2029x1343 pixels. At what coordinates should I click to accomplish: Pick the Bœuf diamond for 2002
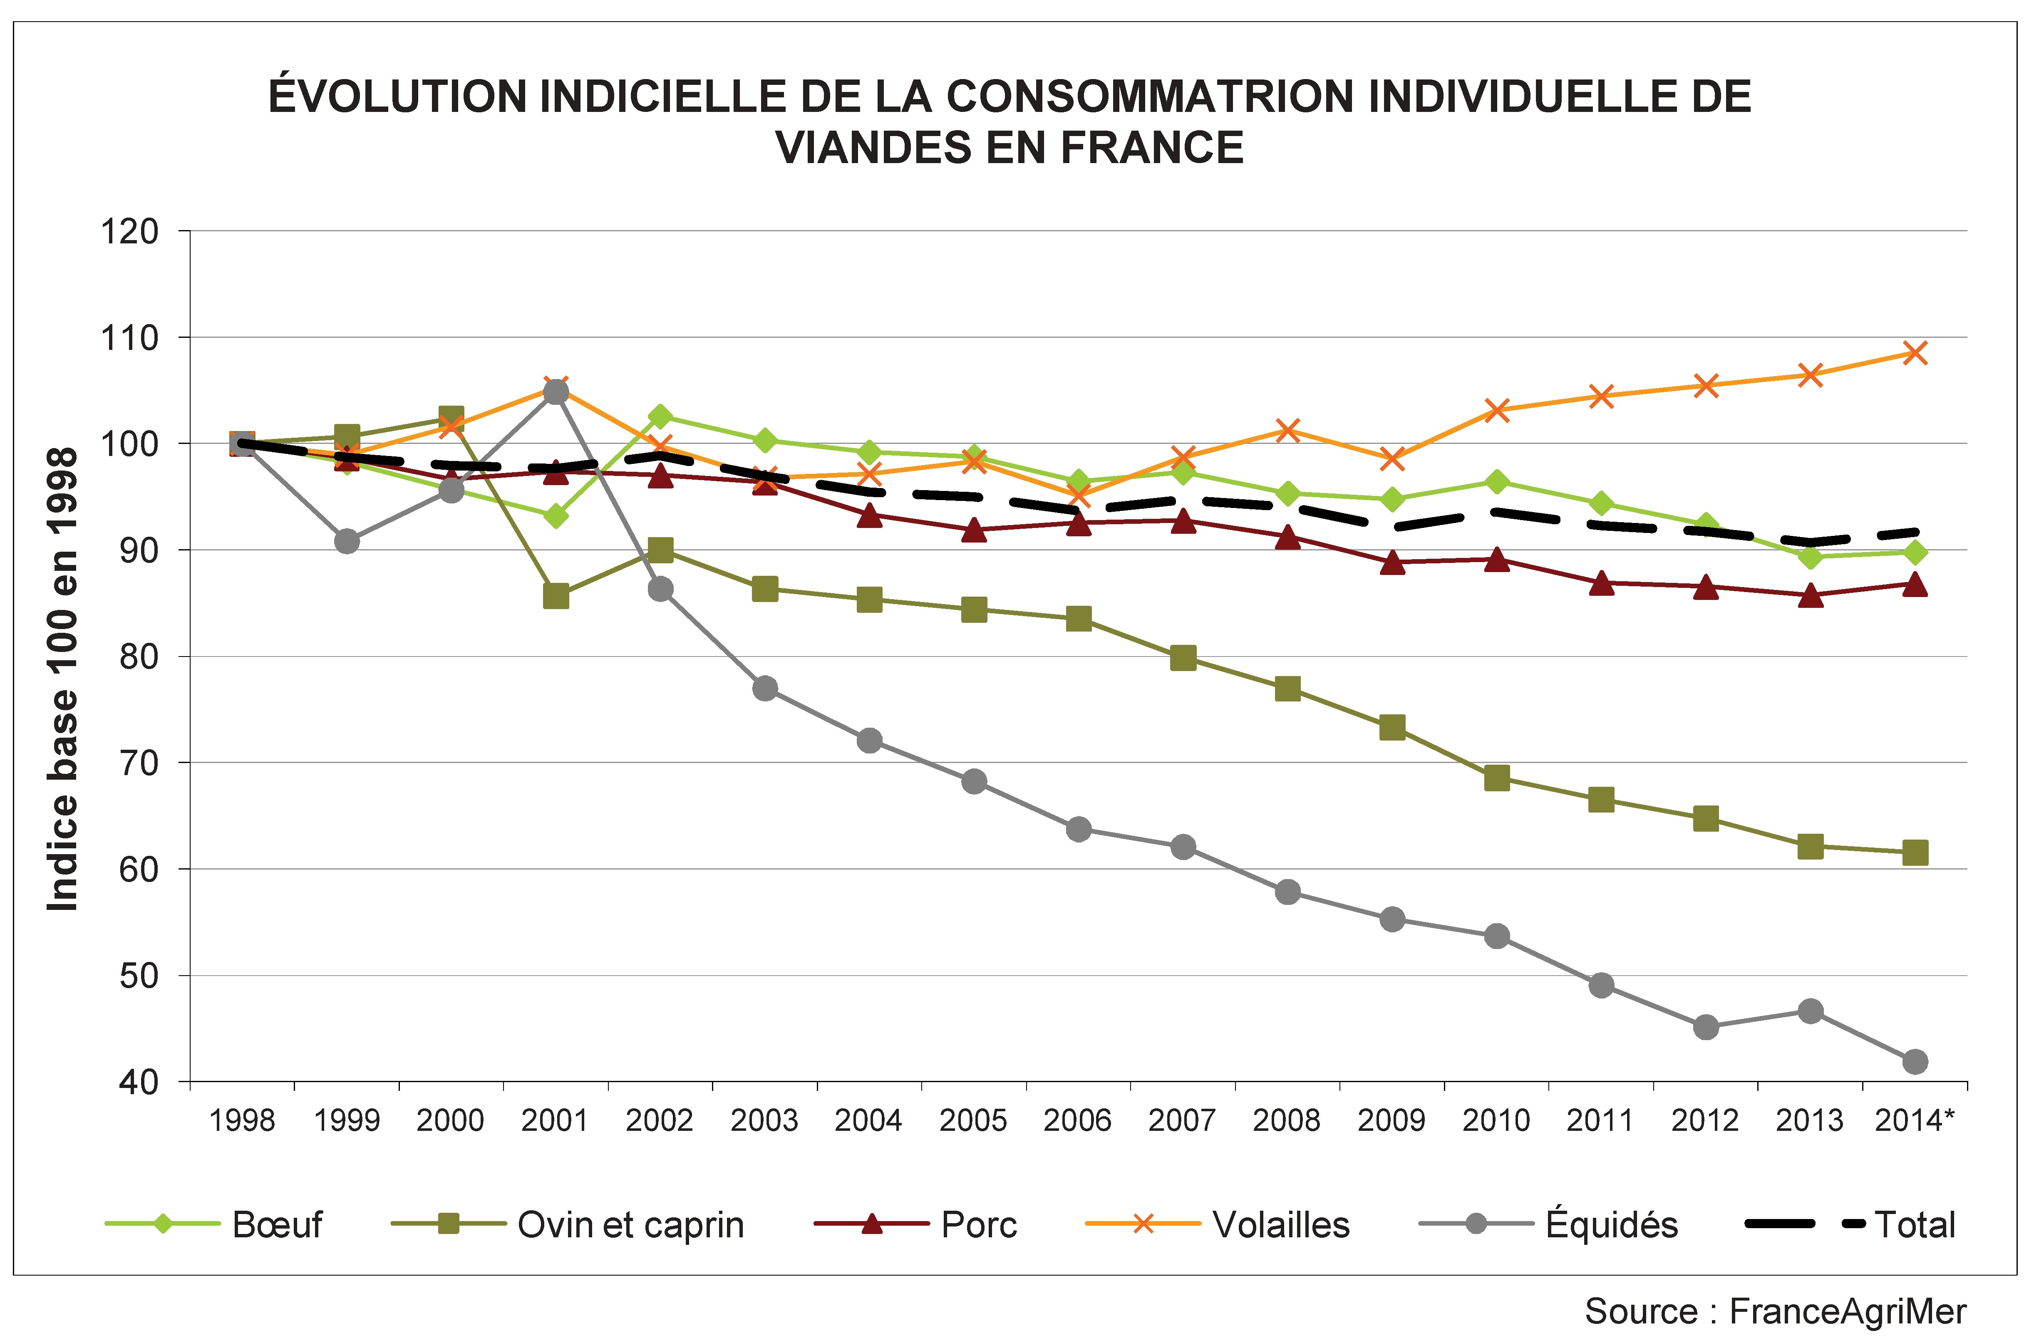[660, 416]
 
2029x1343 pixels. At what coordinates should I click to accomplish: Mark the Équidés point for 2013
[1810, 1011]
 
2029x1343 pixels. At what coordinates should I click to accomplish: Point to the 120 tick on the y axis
[130, 231]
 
